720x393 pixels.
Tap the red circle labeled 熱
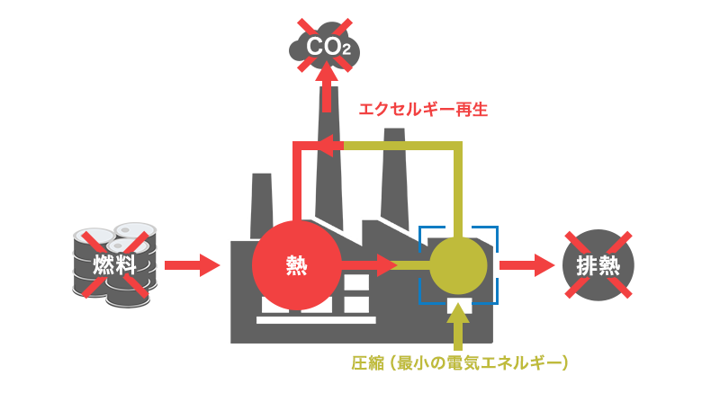296,265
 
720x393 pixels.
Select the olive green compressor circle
458,265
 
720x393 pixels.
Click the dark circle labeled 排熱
598,265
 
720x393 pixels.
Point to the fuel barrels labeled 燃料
115,263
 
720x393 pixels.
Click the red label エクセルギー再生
423,110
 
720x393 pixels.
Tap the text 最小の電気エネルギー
486,364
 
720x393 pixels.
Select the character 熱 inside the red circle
296,265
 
